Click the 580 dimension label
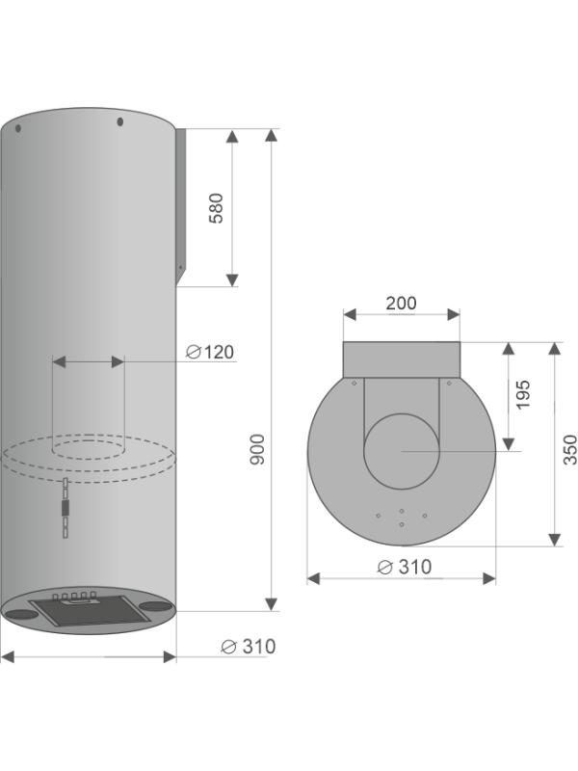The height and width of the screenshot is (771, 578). pos(217,208)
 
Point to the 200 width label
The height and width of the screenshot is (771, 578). pos(401,303)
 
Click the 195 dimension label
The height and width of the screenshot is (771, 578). pos(523,395)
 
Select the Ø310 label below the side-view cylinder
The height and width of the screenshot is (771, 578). pos(248,646)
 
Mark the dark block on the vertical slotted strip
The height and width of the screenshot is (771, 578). pos(65,507)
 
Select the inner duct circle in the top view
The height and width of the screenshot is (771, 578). pos(402,451)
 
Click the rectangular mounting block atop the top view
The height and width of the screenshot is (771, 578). pos(402,359)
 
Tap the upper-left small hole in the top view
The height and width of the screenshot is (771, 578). pos(354,383)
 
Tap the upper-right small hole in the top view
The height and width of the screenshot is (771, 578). pos(450,383)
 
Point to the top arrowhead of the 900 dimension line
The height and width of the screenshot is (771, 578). pos(272,135)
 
